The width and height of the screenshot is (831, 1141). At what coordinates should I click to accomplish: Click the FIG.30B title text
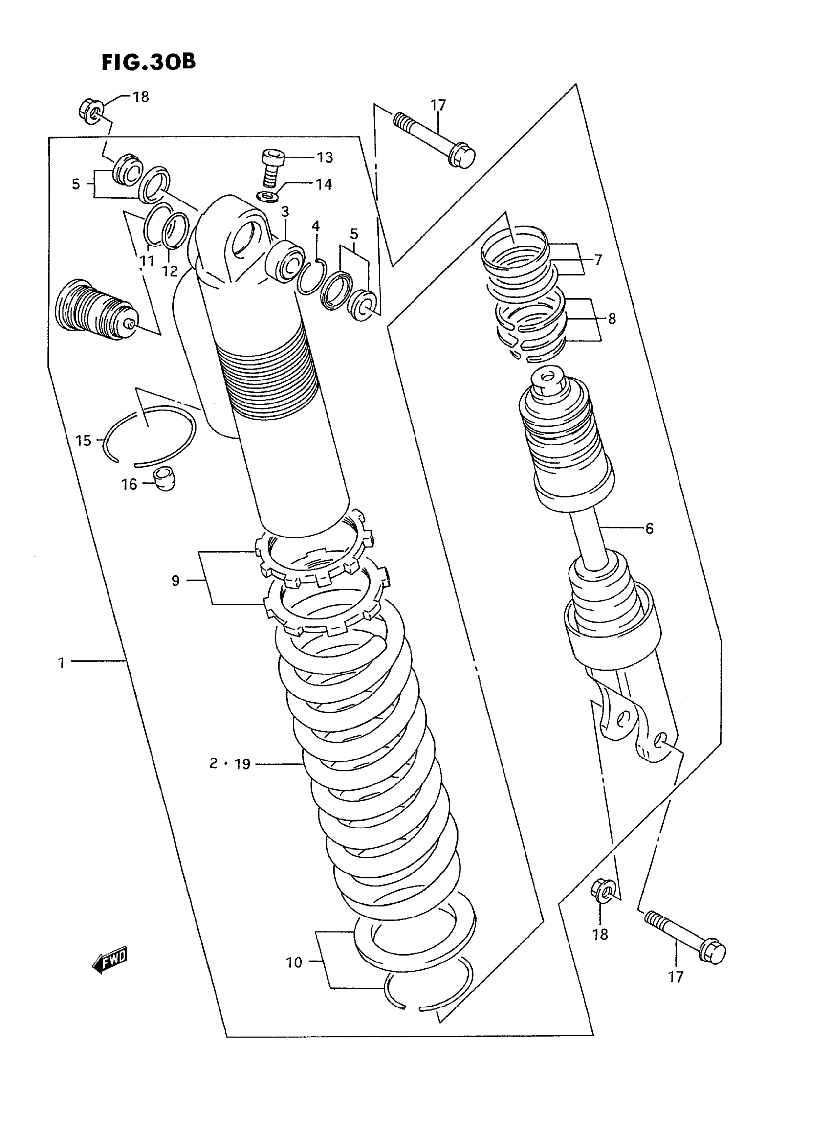point(149,63)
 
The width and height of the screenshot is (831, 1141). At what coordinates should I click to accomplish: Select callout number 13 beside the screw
point(325,157)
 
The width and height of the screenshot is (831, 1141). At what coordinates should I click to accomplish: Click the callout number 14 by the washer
point(324,185)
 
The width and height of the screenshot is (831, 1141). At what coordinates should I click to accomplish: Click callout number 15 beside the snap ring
point(84,441)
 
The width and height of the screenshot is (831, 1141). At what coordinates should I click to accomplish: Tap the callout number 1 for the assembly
point(62,663)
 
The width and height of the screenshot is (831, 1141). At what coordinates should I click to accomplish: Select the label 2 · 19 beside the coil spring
point(230,764)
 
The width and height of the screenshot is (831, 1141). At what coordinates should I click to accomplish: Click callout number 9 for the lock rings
point(175,581)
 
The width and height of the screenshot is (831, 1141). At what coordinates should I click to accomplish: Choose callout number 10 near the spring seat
point(294,962)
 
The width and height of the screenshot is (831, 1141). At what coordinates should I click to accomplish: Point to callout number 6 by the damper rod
point(649,529)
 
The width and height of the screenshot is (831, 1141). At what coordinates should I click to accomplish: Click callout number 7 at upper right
point(598,260)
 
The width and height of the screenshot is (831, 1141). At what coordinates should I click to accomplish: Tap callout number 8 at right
point(612,318)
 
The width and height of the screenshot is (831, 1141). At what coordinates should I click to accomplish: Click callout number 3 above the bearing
point(284,211)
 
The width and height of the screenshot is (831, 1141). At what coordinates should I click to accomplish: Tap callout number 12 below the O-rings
point(170,271)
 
